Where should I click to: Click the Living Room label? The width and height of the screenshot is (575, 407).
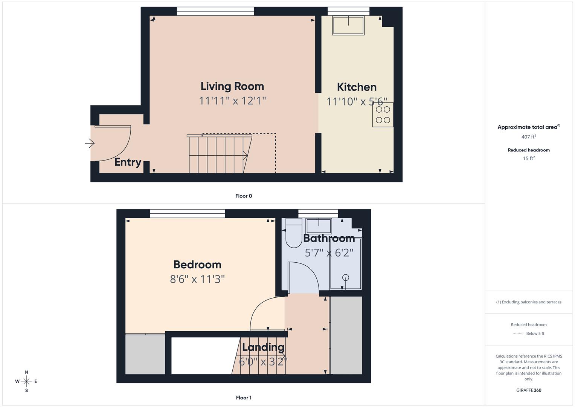[232, 86]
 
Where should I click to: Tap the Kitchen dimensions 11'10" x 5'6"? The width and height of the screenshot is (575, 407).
[357, 102]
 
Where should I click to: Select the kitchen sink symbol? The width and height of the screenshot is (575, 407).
[348, 25]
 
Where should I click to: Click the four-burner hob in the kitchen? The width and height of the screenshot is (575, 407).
[383, 115]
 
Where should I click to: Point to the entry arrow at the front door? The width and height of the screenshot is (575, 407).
[90, 143]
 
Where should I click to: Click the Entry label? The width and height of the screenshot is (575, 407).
[128, 162]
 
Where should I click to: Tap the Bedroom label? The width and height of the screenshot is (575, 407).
[197, 265]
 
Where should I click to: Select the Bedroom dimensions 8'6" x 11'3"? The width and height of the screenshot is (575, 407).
[197, 279]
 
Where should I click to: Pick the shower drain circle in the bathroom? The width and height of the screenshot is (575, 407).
[346, 278]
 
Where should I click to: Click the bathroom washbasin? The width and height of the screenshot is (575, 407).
[319, 226]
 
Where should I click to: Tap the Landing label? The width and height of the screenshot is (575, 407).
[263, 347]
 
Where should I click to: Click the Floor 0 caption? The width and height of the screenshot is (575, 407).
[244, 196]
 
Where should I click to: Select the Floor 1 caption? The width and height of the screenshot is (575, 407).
[244, 398]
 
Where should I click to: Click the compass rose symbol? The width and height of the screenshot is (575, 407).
[26, 381]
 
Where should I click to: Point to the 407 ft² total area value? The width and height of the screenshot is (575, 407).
[529, 137]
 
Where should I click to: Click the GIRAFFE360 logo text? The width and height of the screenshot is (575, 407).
[529, 390]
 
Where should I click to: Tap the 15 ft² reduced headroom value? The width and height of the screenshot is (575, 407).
[529, 158]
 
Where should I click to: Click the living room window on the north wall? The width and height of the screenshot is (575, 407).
[215, 11]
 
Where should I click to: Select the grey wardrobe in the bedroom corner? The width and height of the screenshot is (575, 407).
[145, 354]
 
